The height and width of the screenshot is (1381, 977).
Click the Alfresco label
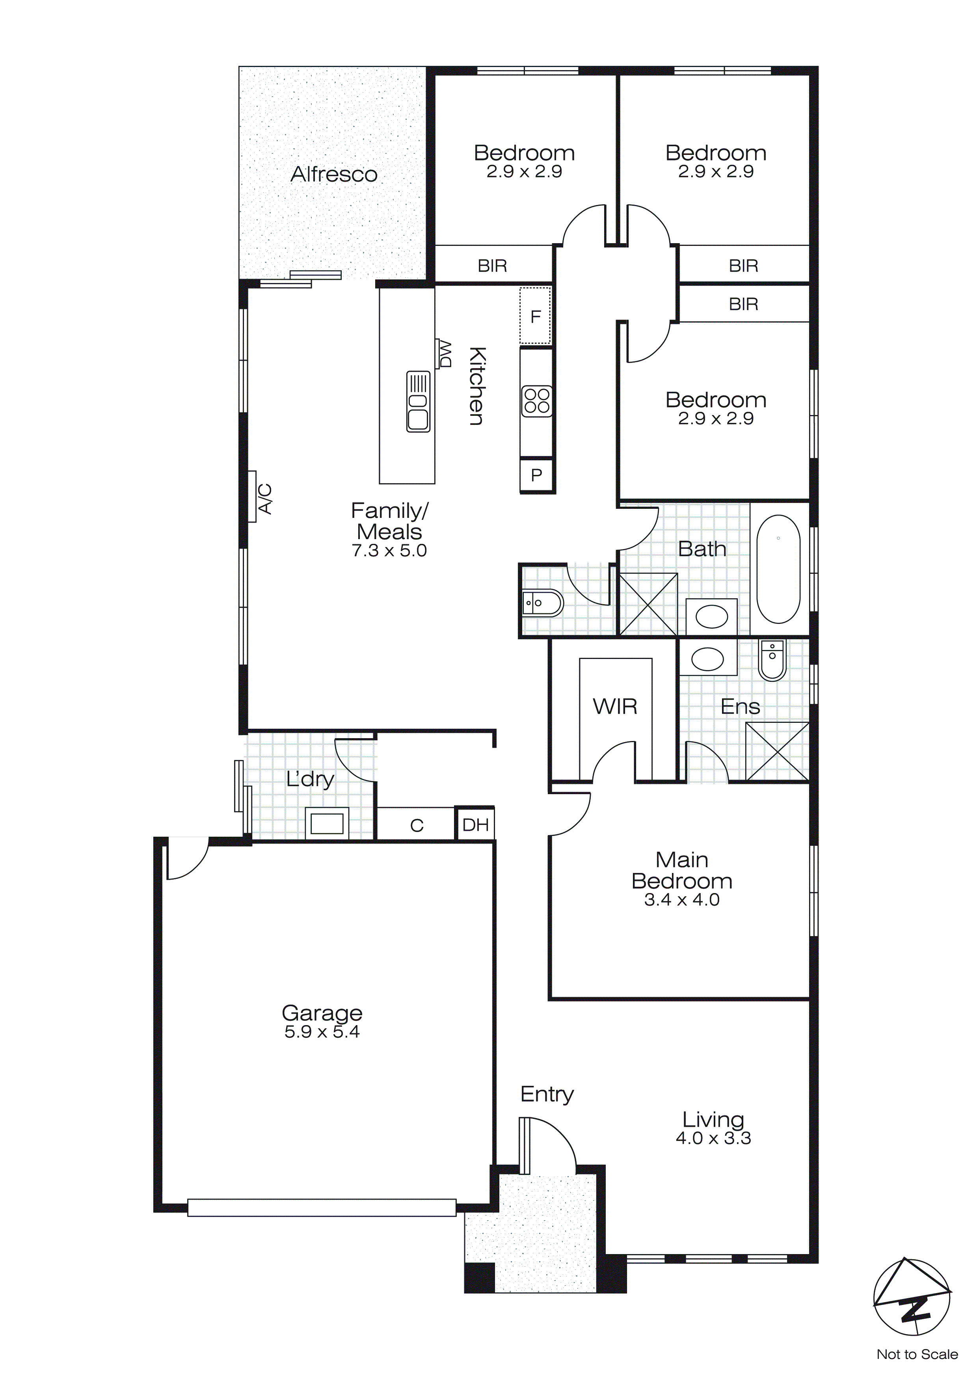[334, 175]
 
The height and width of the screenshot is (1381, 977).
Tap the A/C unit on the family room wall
[253, 497]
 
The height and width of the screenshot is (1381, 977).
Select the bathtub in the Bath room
[778, 569]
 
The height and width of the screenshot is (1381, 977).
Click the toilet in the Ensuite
[772, 660]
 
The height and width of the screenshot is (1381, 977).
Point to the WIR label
[615, 706]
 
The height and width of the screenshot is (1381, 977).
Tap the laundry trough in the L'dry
[327, 823]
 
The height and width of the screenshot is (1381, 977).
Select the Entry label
[547, 1094]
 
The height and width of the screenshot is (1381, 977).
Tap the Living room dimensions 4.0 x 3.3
[713, 1138]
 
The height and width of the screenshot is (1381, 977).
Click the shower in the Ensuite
[777, 751]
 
